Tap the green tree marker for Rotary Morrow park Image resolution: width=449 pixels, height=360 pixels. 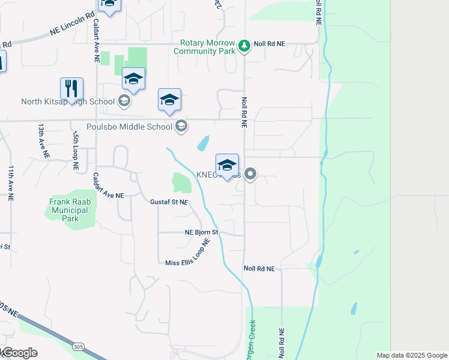[244, 46]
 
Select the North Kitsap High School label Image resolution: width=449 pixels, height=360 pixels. [67, 101]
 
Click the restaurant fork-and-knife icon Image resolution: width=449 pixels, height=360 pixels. [71, 89]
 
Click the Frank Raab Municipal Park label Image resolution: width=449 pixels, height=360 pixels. [70, 210]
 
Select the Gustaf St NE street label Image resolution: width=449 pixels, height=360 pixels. [169, 202]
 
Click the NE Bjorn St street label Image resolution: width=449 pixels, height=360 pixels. [201, 232]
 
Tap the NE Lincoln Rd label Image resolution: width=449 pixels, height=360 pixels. [73, 25]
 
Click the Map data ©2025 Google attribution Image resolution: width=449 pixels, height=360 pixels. [411, 355]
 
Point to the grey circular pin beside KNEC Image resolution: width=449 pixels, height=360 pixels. [251, 174]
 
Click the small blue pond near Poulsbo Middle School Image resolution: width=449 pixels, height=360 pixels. [203, 144]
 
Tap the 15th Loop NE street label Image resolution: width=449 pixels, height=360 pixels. [75, 152]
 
